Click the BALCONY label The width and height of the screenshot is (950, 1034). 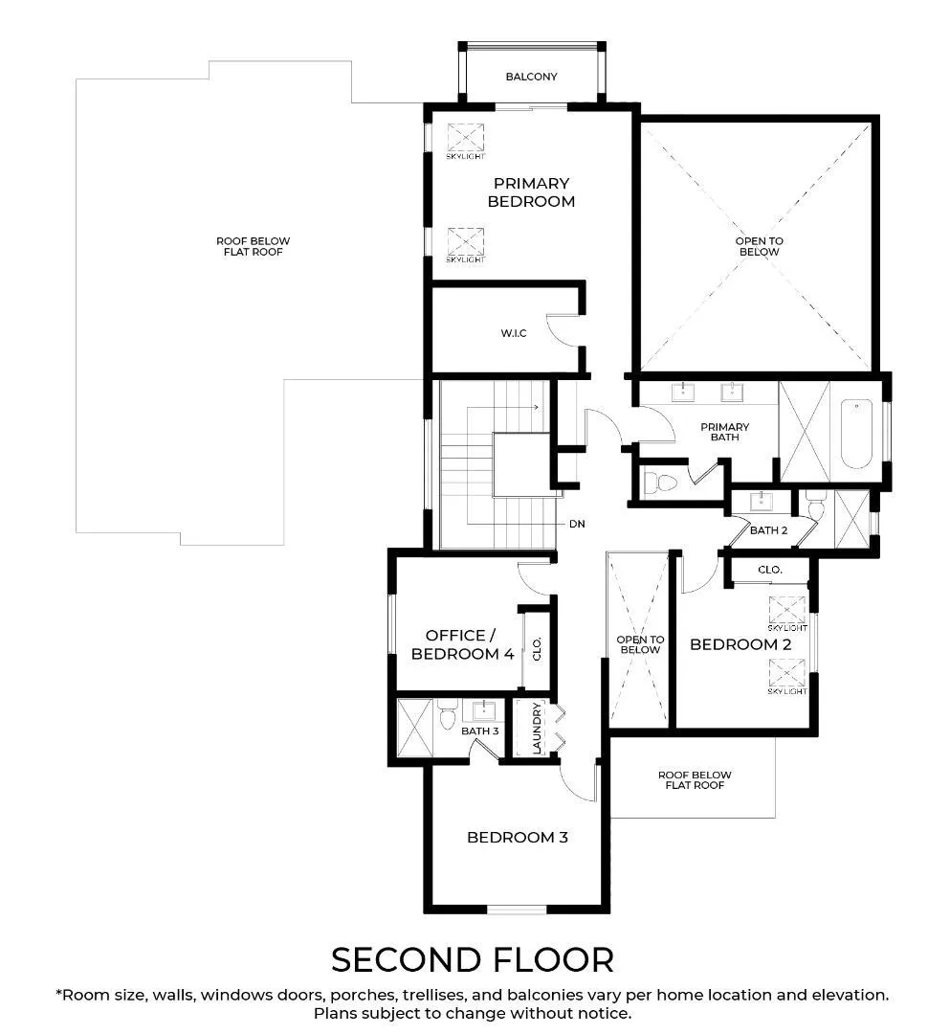tap(531, 77)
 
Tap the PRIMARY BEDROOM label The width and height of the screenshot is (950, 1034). tap(531, 191)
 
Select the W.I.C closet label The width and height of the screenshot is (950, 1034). tap(513, 333)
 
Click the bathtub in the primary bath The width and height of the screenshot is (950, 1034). tap(856, 434)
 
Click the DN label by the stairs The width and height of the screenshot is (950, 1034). tap(577, 524)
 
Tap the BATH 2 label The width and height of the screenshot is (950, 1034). tap(769, 530)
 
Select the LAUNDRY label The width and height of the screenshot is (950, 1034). tap(537, 728)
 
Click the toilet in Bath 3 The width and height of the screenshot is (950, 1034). tap(448, 714)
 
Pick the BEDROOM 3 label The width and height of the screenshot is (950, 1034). tap(518, 837)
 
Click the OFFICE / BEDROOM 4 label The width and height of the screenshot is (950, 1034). tap(462, 644)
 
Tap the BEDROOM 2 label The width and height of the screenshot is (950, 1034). tap(740, 644)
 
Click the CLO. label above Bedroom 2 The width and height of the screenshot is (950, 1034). tap(769, 569)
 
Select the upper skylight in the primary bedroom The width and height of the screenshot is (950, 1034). tap(466, 138)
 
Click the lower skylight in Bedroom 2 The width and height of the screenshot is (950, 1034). tap(787, 673)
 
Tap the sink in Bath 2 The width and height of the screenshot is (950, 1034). tap(762, 501)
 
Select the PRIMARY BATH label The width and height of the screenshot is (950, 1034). tap(724, 432)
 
